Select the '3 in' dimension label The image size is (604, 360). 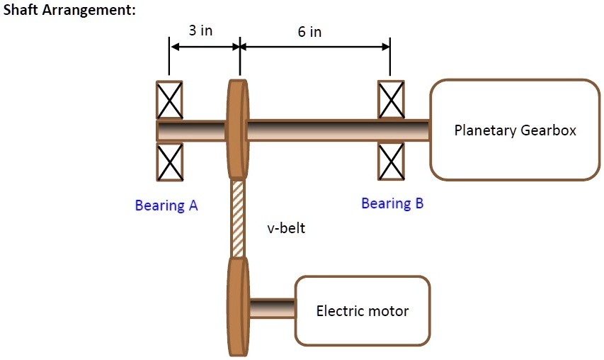point(200,31)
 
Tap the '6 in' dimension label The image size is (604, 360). point(309,32)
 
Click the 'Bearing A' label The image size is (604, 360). point(166,206)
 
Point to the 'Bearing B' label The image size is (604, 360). point(392,204)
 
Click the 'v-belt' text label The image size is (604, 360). point(286,229)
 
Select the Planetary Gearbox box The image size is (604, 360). point(515,130)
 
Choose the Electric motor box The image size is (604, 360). point(362,310)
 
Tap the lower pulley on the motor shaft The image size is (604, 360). point(238,306)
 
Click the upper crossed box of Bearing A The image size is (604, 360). point(169,100)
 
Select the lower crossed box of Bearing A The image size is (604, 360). point(169,162)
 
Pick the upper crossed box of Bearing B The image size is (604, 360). point(392,100)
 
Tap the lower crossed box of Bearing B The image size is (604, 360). point(392,162)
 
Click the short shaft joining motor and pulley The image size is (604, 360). point(272,308)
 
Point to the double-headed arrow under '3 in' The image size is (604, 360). point(204,47)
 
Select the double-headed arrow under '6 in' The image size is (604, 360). point(314,47)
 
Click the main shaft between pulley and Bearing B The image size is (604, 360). point(312,130)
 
